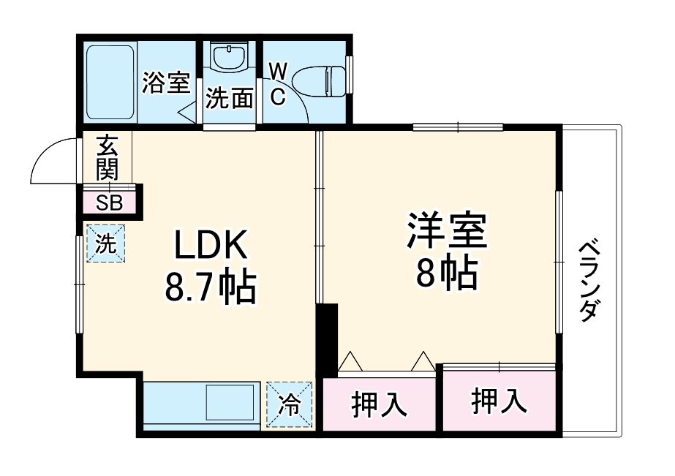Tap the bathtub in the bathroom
tap(110, 82)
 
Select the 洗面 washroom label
tap(229, 98)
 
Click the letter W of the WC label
tap(278, 71)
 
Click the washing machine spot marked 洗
tap(107, 243)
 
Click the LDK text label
tap(211, 247)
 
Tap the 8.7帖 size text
tap(210, 287)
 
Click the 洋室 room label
tap(447, 231)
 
